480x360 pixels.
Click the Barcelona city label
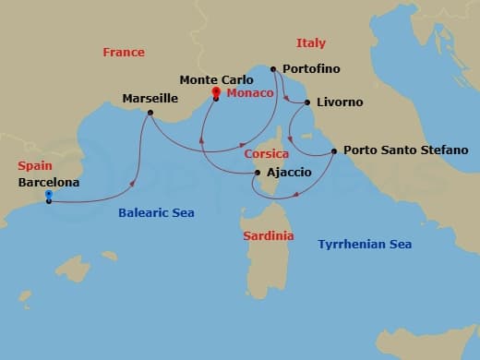pyautogui.click(x=48, y=183)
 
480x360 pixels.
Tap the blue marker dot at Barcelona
pyautogui.click(x=48, y=196)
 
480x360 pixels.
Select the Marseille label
pyautogui.click(x=150, y=98)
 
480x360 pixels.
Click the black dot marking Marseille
pyautogui.click(x=150, y=114)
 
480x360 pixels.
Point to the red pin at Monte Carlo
pyautogui.click(x=215, y=92)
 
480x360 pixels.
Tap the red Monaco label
pyautogui.click(x=249, y=93)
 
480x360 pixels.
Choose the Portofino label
pyautogui.click(x=313, y=69)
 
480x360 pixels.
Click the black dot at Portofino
pyautogui.click(x=273, y=68)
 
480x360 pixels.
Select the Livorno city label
pyautogui.click(x=339, y=102)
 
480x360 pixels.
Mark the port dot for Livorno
pyautogui.click(x=306, y=102)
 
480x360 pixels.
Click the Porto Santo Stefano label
pyautogui.click(x=405, y=150)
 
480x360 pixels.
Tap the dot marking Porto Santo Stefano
pyautogui.click(x=333, y=150)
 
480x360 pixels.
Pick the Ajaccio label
pyautogui.click(x=288, y=173)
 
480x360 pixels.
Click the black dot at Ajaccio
pyautogui.click(x=256, y=172)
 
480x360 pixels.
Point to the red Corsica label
pyautogui.click(x=267, y=154)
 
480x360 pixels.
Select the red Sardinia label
pyautogui.click(x=269, y=236)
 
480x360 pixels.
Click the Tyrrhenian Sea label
pyautogui.click(x=365, y=245)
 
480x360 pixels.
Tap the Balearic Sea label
pyautogui.click(x=156, y=213)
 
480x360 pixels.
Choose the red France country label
pyautogui.click(x=124, y=53)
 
